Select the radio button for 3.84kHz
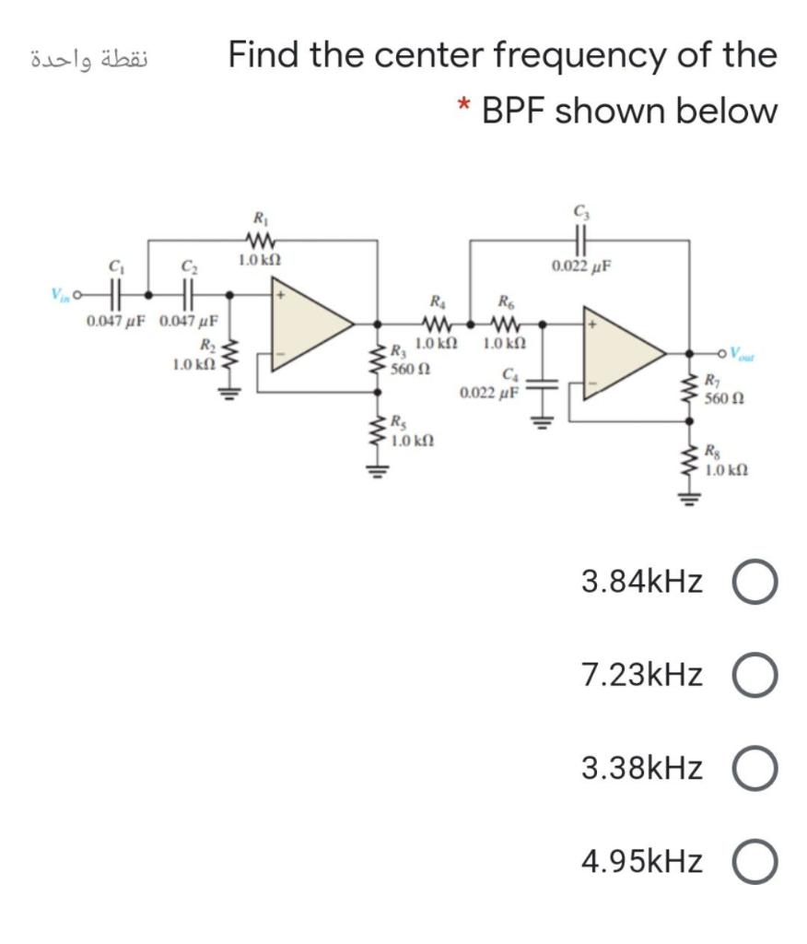click(755, 582)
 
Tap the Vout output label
click(745, 352)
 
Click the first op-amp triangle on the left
click(310, 324)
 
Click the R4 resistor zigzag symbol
click(435, 324)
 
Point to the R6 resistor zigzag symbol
click(505, 324)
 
